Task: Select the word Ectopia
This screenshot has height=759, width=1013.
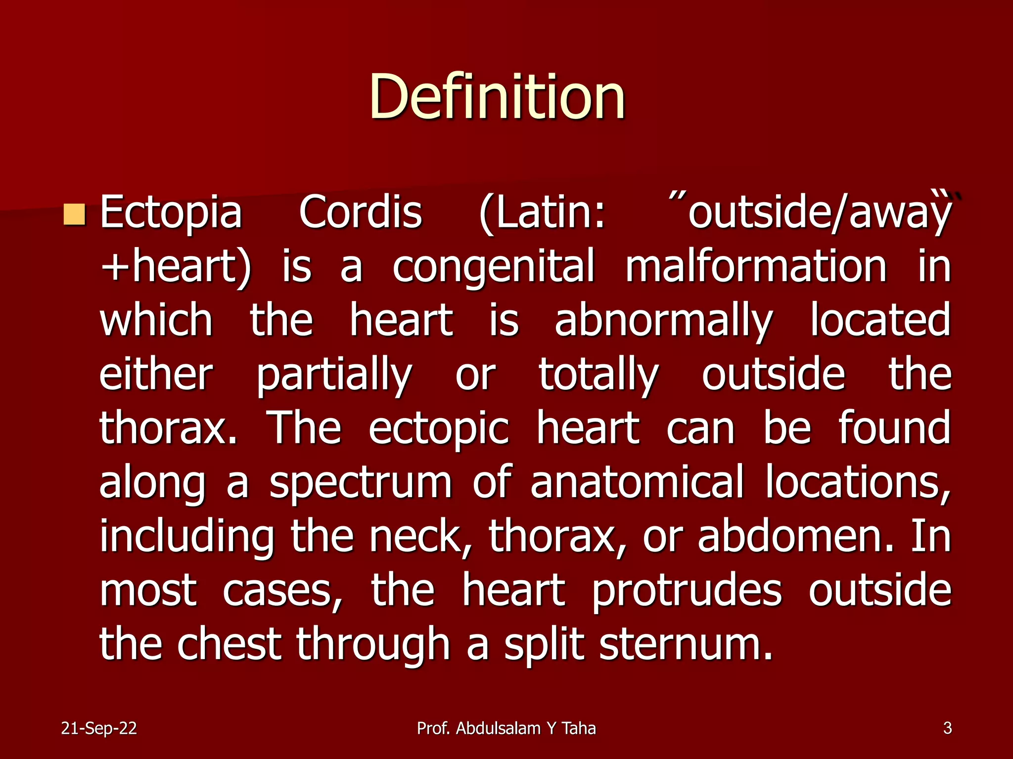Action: (171, 212)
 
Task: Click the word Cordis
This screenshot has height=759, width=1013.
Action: (360, 212)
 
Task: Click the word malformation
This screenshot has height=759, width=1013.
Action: (756, 267)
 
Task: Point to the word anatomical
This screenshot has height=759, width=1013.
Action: (637, 482)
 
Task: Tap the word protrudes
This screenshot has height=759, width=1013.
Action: (687, 591)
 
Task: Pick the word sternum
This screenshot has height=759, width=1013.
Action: (686, 645)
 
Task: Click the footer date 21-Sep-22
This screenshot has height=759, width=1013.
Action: (99, 728)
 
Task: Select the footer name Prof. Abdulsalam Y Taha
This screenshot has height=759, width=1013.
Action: (506, 728)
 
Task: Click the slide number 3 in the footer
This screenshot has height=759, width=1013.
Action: (947, 728)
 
